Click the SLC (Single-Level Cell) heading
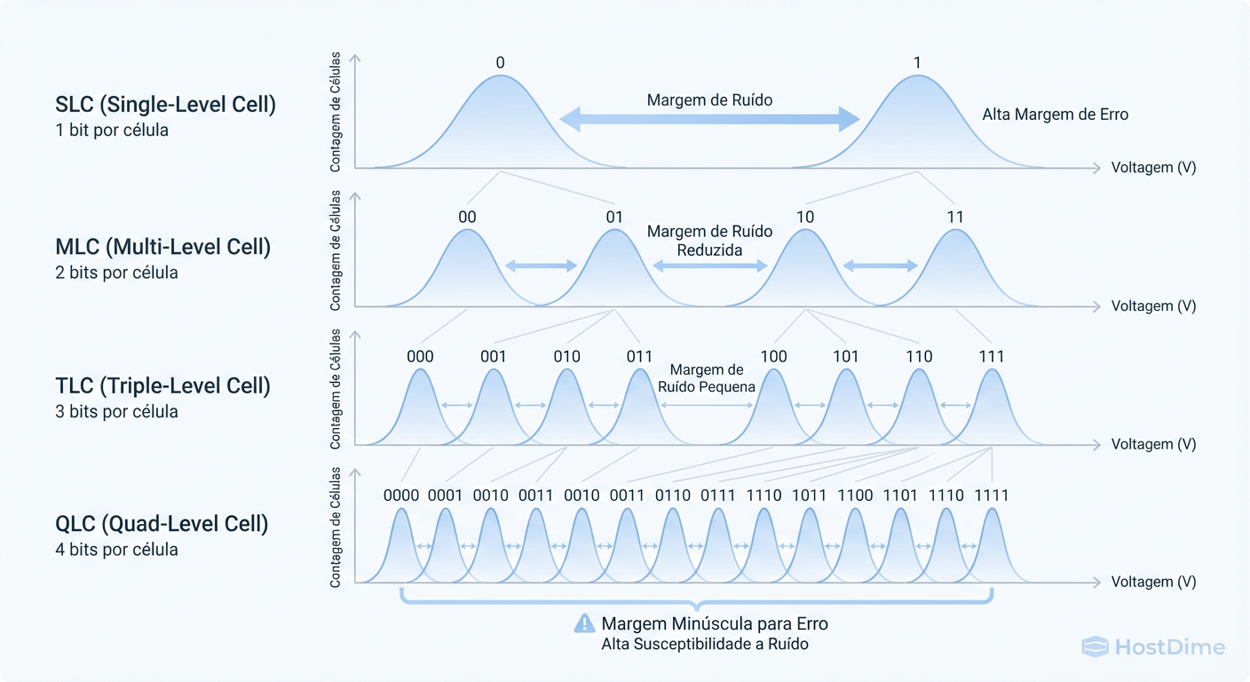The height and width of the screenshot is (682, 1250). pyautogui.click(x=165, y=105)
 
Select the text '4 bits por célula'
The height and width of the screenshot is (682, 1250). pyautogui.click(x=116, y=550)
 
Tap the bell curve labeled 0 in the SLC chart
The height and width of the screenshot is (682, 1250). pyautogui.click(x=500, y=124)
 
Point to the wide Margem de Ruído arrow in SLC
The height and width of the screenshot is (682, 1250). pyautogui.click(x=709, y=118)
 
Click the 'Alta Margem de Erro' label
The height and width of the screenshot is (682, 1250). pyautogui.click(x=1055, y=115)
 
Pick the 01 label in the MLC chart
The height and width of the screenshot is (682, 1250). pyautogui.click(x=614, y=217)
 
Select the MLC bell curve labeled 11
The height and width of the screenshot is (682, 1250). pyautogui.click(x=955, y=271)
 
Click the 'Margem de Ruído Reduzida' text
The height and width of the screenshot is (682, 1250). pyautogui.click(x=709, y=241)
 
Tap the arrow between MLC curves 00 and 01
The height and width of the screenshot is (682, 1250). pyautogui.click(x=541, y=265)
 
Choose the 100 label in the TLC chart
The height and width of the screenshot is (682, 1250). pyautogui.click(x=774, y=357)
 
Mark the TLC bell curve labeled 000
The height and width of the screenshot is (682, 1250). pyautogui.click(x=420, y=408)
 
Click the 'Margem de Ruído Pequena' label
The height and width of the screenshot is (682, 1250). pyautogui.click(x=707, y=378)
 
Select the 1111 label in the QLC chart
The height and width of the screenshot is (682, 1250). pyautogui.click(x=992, y=496)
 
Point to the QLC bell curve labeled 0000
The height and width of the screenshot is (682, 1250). pyautogui.click(x=401, y=546)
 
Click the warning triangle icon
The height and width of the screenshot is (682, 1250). pyautogui.click(x=584, y=623)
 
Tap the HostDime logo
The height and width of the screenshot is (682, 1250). pyautogui.click(x=1153, y=647)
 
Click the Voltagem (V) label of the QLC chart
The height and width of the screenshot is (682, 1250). pyautogui.click(x=1153, y=583)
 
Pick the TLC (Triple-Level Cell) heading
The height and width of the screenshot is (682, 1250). pyautogui.click(x=162, y=386)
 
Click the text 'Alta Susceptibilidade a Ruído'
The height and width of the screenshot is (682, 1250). pyautogui.click(x=705, y=644)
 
